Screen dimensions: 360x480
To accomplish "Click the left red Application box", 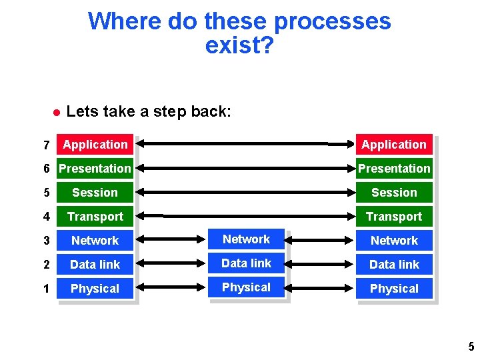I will click(95, 145).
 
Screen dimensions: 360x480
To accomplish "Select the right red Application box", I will click(394, 145).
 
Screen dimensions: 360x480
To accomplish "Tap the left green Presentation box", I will click(95, 169).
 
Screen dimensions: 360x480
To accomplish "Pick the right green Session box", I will click(394, 193).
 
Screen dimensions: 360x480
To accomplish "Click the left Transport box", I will click(95, 217).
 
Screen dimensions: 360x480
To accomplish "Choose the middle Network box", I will click(247, 239).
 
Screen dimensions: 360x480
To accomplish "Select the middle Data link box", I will click(247, 263).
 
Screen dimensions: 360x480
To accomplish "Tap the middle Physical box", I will click(247, 287).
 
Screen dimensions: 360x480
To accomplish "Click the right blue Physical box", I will click(394, 289).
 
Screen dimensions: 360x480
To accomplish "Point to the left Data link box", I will click(95, 265).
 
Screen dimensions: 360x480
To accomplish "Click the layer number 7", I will click(46, 145).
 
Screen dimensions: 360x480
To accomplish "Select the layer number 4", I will click(46, 217).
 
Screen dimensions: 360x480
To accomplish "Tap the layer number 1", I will click(46, 289).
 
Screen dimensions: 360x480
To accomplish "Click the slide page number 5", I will click(471, 347).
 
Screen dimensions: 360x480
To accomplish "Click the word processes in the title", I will click(332, 21).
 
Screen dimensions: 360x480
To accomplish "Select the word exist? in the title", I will click(239, 45).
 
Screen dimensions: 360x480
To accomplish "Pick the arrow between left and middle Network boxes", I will click(173, 241).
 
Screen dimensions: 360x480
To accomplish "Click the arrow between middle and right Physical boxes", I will click(322, 289).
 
